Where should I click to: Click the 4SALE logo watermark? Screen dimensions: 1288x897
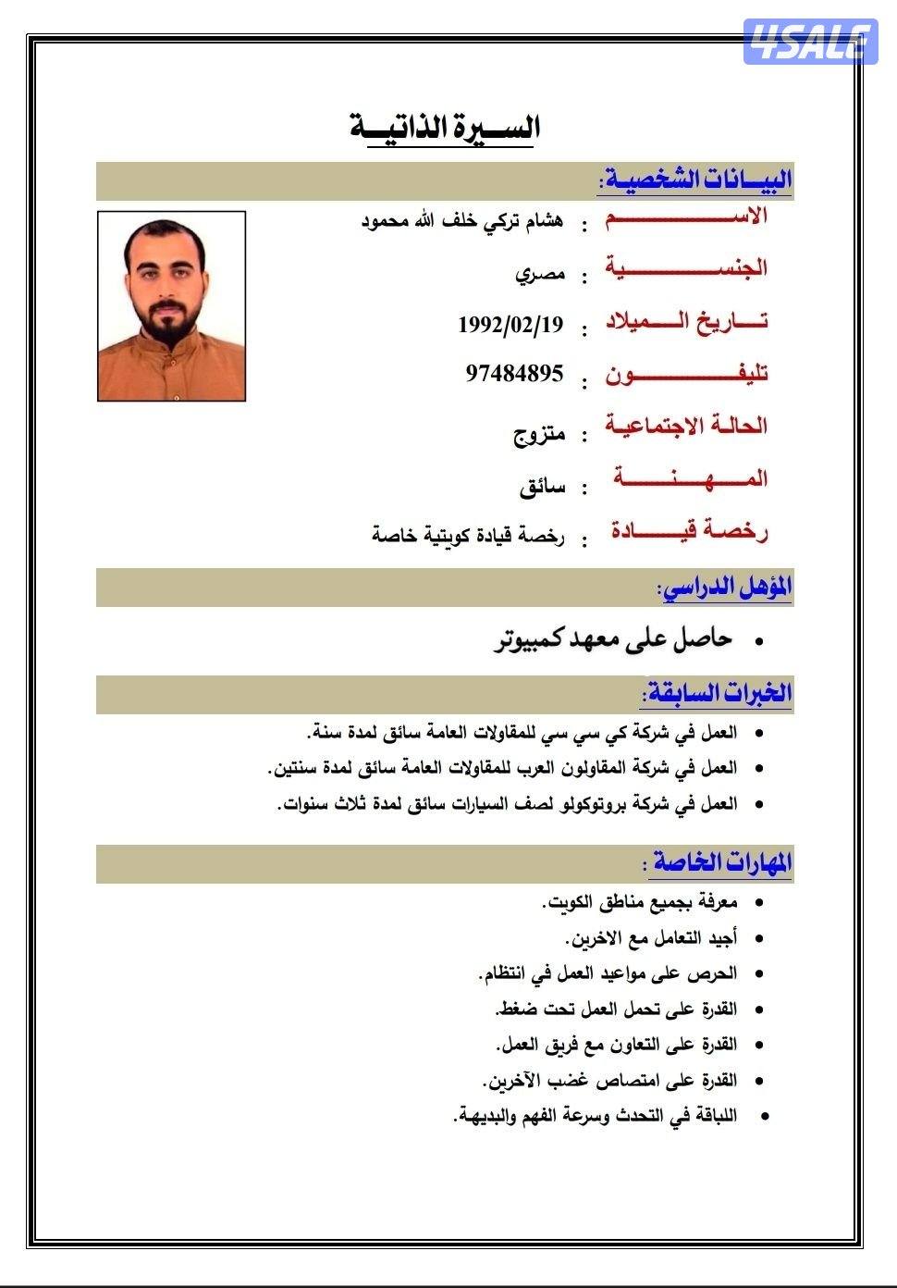[x=810, y=42]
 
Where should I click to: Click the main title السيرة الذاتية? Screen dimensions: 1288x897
[x=445, y=127]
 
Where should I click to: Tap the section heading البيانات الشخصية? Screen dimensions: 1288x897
[x=694, y=180]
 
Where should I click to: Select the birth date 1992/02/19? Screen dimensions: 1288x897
[x=510, y=325]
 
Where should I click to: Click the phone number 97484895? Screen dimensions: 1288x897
[x=514, y=374]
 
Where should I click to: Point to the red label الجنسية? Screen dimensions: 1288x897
[x=687, y=268]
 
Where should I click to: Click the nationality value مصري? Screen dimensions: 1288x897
[x=540, y=275]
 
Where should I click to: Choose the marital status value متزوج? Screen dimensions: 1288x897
[x=539, y=434]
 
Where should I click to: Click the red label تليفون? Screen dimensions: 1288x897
[x=687, y=375]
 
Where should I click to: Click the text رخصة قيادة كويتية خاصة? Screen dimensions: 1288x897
[x=468, y=536]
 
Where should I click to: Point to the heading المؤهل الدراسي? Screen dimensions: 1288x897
[x=724, y=587]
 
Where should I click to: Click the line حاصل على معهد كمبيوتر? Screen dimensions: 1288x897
[x=613, y=639]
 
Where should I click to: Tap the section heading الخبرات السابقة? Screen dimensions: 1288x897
[x=718, y=693]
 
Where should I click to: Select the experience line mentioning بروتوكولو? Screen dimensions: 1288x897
[x=508, y=803]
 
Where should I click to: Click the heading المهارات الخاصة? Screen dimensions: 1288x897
[x=722, y=862]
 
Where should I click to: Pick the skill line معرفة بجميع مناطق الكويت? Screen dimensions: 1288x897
[x=639, y=901]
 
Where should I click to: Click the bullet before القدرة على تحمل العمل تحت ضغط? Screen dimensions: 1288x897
[x=759, y=1009]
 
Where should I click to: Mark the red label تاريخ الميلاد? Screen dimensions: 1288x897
[x=687, y=321]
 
